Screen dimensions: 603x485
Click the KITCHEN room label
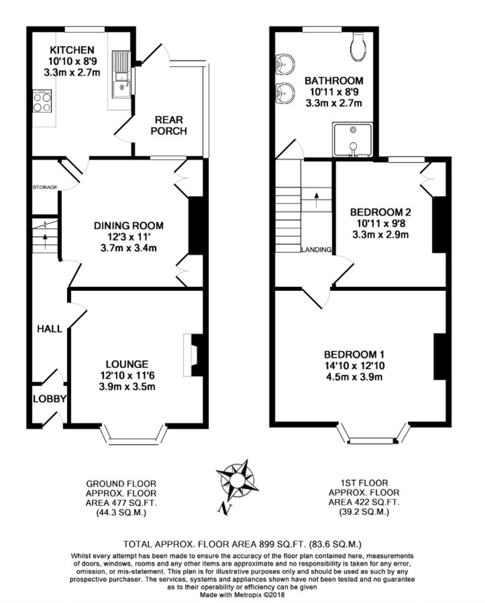point(71,49)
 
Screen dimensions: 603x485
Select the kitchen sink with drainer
point(123,74)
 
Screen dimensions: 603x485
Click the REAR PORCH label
point(169,125)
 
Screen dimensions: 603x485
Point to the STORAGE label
point(45,187)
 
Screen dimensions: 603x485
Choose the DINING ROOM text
point(129,226)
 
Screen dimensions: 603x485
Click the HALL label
point(50,329)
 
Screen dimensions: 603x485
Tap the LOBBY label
point(49,399)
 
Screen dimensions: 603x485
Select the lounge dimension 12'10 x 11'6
point(127,375)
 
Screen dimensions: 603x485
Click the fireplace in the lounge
point(190,353)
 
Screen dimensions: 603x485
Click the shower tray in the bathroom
point(352,140)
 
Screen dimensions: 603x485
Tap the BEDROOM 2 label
point(380,212)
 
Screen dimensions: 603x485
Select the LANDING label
point(316,250)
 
